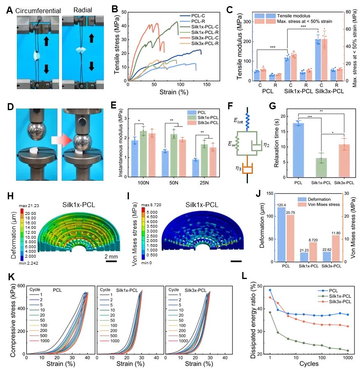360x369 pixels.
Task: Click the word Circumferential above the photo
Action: pos(35,10)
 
